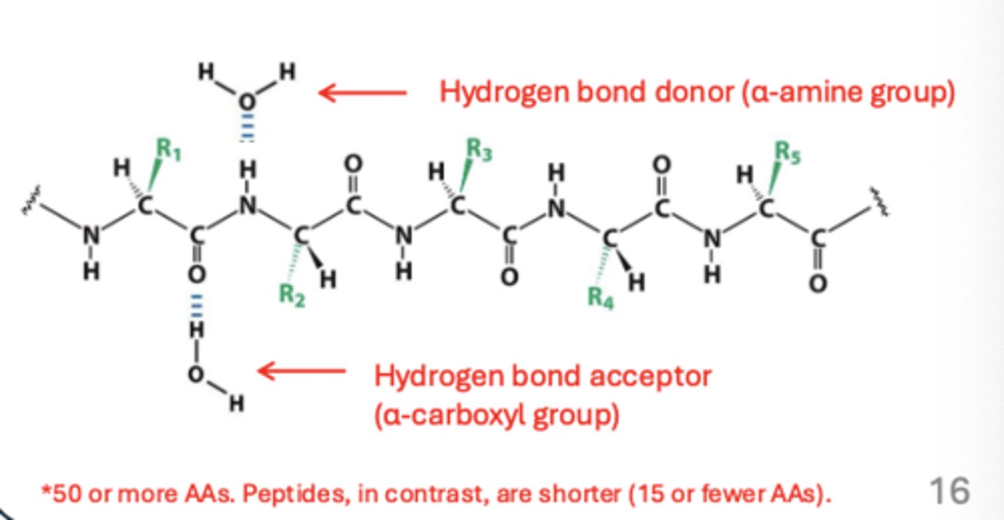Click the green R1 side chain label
[168, 149]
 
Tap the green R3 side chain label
[478, 149]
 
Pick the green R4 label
[600, 297]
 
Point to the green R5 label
[788, 152]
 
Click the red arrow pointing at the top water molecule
[362, 92]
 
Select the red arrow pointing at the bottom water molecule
[301, 371]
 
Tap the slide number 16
[949, 491]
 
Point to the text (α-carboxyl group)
[496, 416]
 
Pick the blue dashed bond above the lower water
[197, 304]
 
